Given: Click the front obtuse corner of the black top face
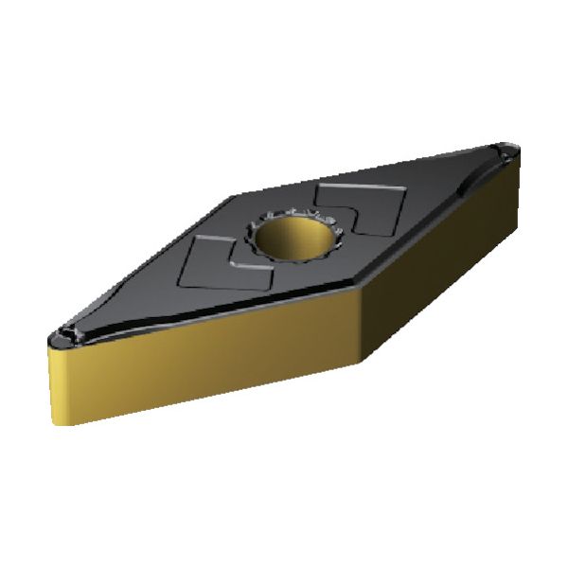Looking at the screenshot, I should [x=361, y=289].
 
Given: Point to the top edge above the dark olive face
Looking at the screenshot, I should [x=440, y=222].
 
